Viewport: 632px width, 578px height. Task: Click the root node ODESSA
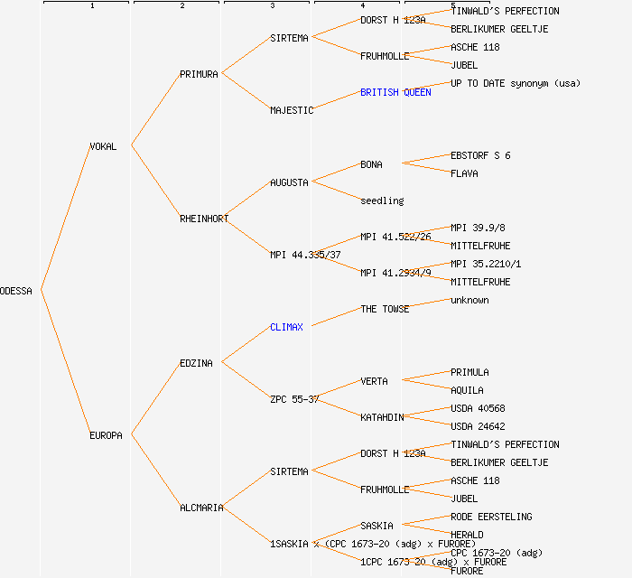pyautogui.click(x=16, y=291)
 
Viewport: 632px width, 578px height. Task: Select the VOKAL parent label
pyautogui.click(x=103, y=146)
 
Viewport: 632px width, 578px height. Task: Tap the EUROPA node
pyautogui.click(x=106, y=435)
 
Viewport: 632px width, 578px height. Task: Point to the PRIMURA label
pyautogui.click(x=199, y=74)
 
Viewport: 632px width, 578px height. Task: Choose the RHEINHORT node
pyautogui.click(x=204, y=219)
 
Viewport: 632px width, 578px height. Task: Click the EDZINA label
pyautogui.click(x=196, y=363)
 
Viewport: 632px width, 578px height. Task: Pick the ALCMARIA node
pyautogui.click(x=201, y=508)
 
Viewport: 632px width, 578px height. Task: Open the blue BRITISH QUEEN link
pyautogui.click(x=395, y=92)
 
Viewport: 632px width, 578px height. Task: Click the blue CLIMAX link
pyautogui.click(x=286, y=327)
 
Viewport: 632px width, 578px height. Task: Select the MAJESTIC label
pyautogui.click(x=292, y=110)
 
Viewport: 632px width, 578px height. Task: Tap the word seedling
pyautogui.click(x=382, y=200)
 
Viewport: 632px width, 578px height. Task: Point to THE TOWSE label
pyautogui.click(x=385, y=309)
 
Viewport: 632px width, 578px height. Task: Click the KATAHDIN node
pyautogui.click(x=382, y=417)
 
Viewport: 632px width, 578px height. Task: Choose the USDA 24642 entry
pyautogui.click(x=478, y=426)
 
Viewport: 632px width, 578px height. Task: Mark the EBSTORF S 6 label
pyautogui.click(x=480, y=155)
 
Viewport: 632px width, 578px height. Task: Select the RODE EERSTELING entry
pyautogui.click(x=491, y=517)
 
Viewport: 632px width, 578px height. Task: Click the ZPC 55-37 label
pyautogui.click(x=294, y=399)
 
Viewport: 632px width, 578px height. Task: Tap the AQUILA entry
pyautogui.click(x=467, y=390)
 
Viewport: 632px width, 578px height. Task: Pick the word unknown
pyautogui.click(x=469, y=300)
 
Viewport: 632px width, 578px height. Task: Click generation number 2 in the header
pyautogui.click(x=181, y=6)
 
